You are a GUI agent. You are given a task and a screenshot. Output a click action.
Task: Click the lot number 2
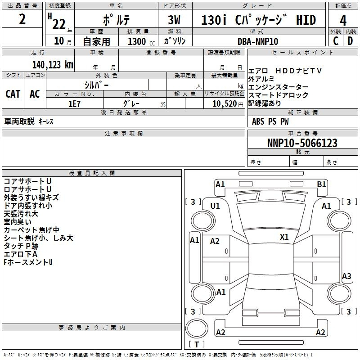point(22,19)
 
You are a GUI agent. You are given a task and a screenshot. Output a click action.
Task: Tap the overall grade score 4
point(343,20)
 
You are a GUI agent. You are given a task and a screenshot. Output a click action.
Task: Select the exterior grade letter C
point(336,41)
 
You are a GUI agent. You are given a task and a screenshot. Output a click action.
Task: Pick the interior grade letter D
point(350,41)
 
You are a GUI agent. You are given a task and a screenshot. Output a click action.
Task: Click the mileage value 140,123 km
point(53,65)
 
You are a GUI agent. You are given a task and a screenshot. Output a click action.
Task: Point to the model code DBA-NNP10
point(258,41)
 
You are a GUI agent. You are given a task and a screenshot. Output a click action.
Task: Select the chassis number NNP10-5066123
point(302,143)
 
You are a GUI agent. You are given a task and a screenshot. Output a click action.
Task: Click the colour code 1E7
point(74,104)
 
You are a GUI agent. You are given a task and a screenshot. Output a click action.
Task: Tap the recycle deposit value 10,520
point(225,104)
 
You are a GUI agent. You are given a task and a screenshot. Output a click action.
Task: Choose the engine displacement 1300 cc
point(141,41)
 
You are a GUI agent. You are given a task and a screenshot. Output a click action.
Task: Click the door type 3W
point(174,20)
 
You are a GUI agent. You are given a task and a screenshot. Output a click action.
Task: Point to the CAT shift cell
point(13,94)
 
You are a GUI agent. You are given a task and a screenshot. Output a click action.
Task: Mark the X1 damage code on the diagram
point(284,237)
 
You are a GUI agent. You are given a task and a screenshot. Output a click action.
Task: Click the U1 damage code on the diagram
point(215,206)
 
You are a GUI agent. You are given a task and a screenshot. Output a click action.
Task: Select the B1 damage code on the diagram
point(321,184)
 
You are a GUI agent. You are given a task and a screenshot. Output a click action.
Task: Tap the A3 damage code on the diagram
point(346,276)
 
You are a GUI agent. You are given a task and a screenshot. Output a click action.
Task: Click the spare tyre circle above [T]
point(197,328)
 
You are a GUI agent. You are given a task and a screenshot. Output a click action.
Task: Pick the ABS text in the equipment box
point(258,121)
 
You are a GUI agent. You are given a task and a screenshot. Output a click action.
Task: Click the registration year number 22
point(59,24)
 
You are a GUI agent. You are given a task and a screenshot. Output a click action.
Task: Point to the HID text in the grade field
point(306,20)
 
